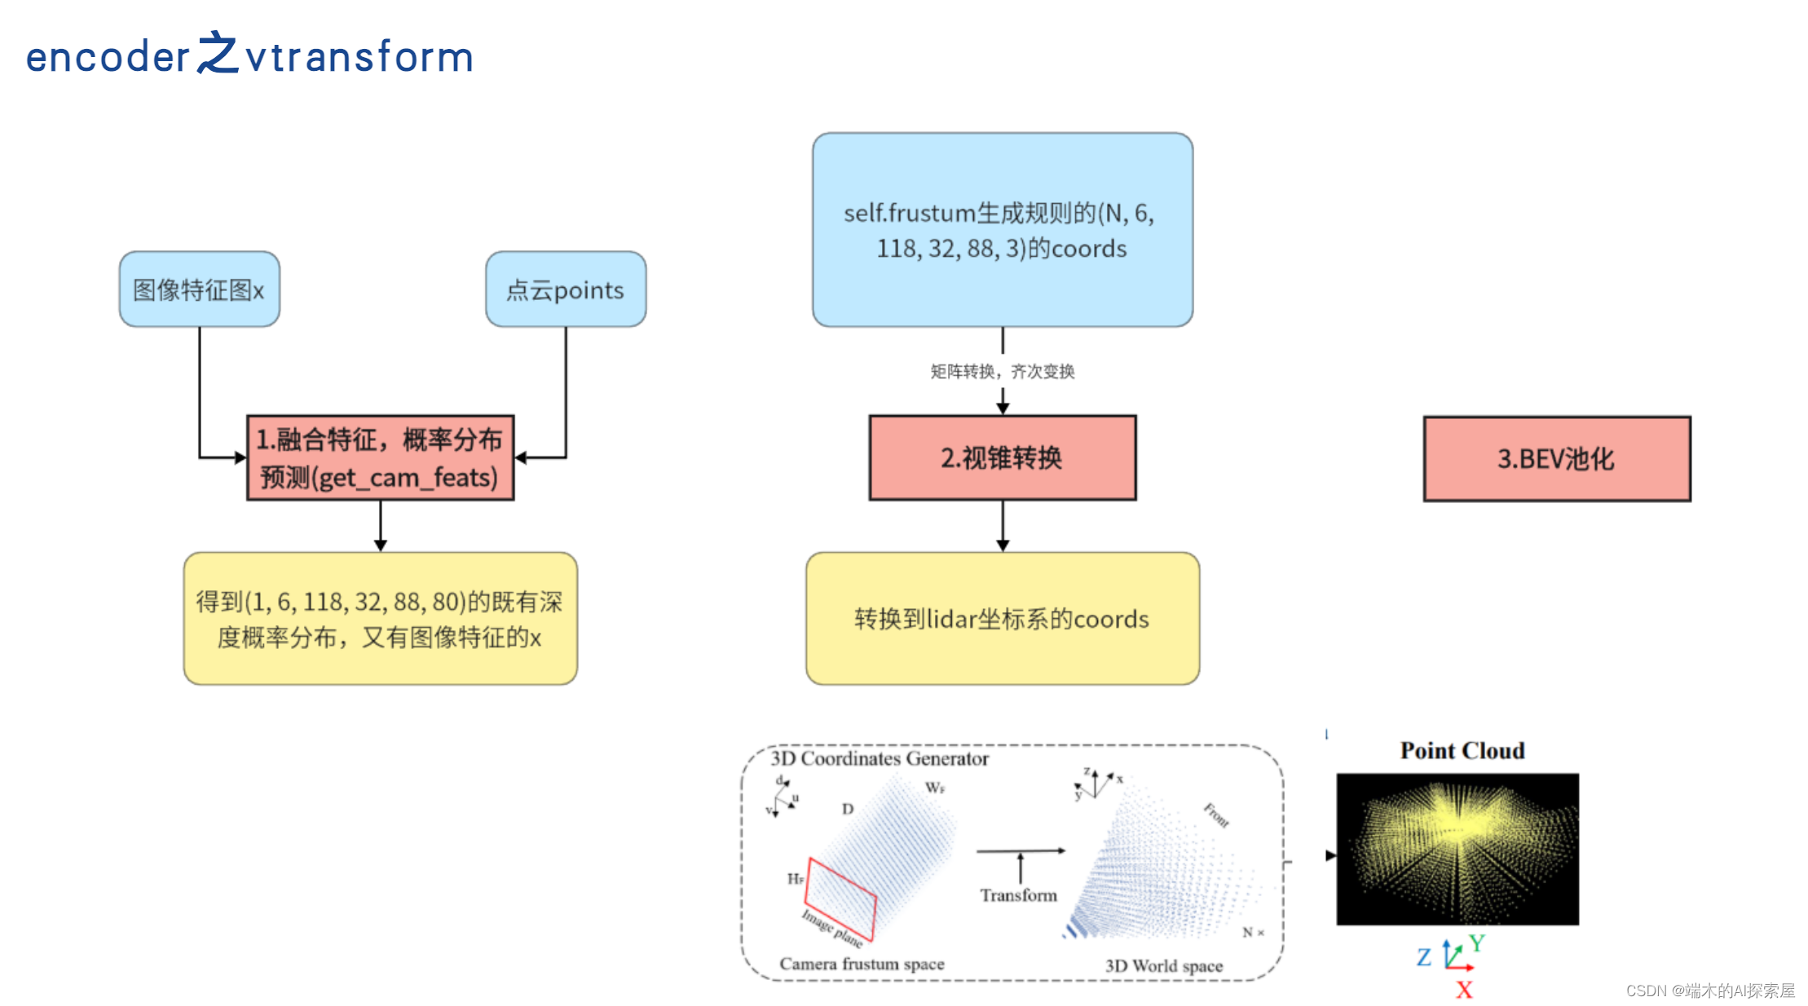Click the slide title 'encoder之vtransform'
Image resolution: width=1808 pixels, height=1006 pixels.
[x=249, y=55]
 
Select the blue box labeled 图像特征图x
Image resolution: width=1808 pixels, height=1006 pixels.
[x=199, y=289]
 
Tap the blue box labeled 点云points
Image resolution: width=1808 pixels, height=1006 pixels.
[x=565, y=289]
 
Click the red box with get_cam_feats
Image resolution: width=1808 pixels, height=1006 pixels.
[x=380, y=457]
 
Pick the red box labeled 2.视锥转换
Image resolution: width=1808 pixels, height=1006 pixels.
[x=1002, y=457]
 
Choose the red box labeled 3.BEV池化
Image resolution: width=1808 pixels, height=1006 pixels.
[x=1556, y=459]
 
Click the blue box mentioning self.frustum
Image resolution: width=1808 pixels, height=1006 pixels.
[x=1002, y=230]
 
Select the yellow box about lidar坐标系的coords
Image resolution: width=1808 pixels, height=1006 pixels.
[x=1002, y=619]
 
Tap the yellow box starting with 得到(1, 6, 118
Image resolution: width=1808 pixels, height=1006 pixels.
[x=380, y=619]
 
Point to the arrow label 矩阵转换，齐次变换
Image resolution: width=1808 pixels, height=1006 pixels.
[x=1002, y=372]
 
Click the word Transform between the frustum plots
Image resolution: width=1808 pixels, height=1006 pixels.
[x=1018, y=895]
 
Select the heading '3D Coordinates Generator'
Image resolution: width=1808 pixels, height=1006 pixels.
[x=880, y=759]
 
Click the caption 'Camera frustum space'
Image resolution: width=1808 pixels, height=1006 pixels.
[x=862, y=964]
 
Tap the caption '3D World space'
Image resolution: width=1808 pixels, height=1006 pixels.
[x=1163, y=966]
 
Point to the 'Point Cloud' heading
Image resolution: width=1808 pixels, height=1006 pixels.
[x=1462, y=751]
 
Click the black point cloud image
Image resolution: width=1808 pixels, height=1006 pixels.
[x=1457, y=849]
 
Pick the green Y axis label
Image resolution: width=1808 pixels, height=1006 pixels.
[x=1477, y=943]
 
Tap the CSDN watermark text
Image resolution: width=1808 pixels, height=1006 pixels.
[x=1709, y=991]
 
